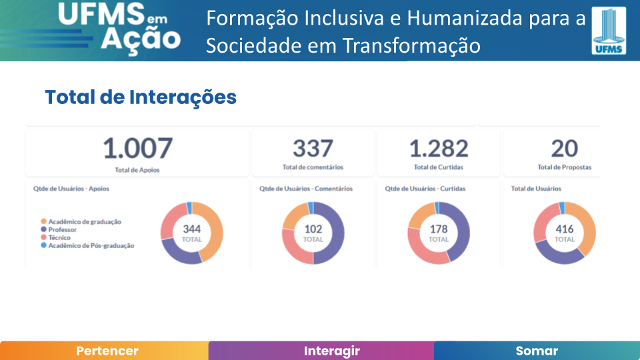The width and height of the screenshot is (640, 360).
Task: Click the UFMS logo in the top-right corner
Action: [x=609, y=30]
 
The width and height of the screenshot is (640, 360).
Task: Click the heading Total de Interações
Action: [x=141, y=97]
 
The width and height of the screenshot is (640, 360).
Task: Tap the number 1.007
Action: [x=137, y=149]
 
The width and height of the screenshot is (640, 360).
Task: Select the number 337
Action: [x=313, y=149]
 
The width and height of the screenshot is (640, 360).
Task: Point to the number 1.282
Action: [x=438, y=149]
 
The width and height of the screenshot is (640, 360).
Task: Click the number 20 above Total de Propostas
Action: [x=564, y=149]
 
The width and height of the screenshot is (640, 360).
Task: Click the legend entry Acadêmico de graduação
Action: [x=85, y=221]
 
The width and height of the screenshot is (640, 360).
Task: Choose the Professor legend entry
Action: [x=63, y=229]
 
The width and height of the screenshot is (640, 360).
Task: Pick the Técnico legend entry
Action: [x=59, y=237]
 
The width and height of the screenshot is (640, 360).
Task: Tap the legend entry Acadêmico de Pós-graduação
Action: [x=91, y=245]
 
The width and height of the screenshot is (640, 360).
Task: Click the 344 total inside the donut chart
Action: [x=192, y=229]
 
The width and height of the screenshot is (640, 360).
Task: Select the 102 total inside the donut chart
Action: [x=313, y=229]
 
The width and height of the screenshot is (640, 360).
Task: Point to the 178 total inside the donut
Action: [x=439, y=229]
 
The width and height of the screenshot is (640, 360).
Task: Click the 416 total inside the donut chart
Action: [x=565, y=229]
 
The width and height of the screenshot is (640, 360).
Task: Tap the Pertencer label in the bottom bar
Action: [x=107, y=351]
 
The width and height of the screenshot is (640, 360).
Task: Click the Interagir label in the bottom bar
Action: [x=332, y=351]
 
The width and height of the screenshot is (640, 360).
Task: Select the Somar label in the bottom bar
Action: [x=537, y=351]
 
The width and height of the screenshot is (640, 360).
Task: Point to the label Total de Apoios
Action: [x=137, y=170]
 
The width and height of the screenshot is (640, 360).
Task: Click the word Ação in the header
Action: [x=140, y=40]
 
